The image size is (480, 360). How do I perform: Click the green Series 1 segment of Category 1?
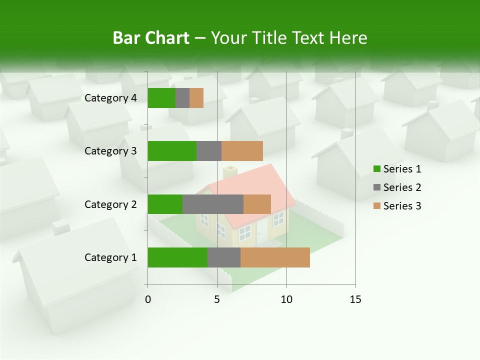click(177, 257)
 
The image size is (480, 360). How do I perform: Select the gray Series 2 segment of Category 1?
click(223, 257)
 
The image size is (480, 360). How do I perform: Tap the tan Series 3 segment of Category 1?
click(275, 257)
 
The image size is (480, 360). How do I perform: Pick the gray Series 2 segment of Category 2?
click(212, 204)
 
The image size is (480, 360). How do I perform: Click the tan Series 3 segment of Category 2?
click(257, 204)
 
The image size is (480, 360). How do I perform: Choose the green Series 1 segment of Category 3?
click(172, 151)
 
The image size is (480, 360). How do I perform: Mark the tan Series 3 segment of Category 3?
click(242, 151)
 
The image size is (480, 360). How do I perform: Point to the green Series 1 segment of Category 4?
click(161, 98)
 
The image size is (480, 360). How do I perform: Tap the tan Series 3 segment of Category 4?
click(196, 98)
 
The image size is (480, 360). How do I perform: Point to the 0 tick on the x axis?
click(148, 299)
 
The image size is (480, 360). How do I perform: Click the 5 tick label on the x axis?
click(217, 299)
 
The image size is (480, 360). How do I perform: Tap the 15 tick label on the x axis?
click(355, 299)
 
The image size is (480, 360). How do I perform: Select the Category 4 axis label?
click(110, 98)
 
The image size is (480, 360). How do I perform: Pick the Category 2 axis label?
click(110, 204)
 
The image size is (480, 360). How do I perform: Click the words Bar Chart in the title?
click(151, 38)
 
